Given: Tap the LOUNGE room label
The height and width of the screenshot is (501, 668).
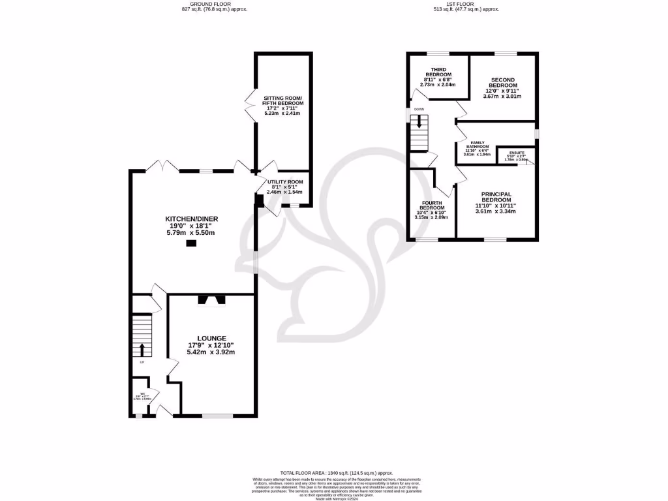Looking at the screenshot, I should pyautogui.click(x=211, y=338).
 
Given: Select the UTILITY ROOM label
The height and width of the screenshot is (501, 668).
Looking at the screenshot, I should pyautogui.click(x=285, y=182).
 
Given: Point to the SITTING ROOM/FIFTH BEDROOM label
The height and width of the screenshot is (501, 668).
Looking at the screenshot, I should pyautogui.click(x=283, y=100).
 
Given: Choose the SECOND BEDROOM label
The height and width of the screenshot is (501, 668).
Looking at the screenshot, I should pyautogui.click(x=503, y=83).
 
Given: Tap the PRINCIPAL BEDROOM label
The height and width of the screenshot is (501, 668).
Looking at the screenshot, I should pyautogui.click(x=496, y=198).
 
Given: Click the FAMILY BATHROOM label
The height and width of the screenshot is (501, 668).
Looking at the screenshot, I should pyautogui.click(x=476, y=145).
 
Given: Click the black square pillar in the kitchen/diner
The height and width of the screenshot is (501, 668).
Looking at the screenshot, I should pyautogui.click(x=191, y=243).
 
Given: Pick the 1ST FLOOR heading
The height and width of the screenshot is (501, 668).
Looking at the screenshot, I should pyautogui.click(x=460, y=5).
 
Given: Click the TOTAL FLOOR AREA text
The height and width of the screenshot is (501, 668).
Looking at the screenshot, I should pyautogui.click(x=336, y=472).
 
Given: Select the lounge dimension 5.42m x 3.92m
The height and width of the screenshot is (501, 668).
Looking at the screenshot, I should pyautogui.click(x=211, y=352).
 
